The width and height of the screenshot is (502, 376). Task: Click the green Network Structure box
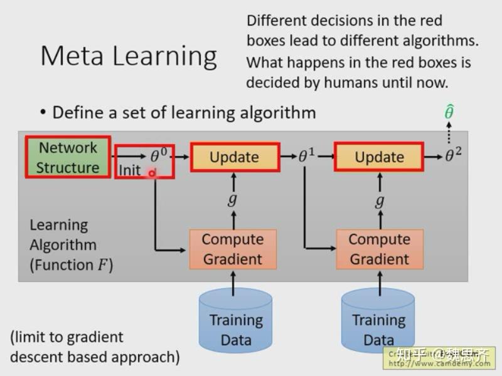(x=68, y=157)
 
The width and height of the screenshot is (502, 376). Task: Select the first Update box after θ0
(x=234, y=157)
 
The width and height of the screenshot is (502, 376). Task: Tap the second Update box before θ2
(x=379, y=157)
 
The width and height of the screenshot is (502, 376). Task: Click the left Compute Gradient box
(x=233, y=249)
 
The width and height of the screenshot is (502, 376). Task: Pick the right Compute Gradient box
(x=379, y=249)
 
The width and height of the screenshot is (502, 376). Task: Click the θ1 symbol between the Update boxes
(x=306, y=156)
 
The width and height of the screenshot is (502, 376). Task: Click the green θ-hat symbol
(x=449, y=113)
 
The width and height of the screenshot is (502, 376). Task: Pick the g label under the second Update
(x=379, y=201)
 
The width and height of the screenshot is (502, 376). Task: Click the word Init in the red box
(x=130, y=170)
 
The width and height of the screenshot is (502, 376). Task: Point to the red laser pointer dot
(x=152, y=173)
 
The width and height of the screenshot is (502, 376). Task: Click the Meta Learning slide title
(x=129, y=56)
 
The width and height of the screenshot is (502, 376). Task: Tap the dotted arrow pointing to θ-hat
(x=449, y=133)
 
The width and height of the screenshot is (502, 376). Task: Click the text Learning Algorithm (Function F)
(x=71, y=245)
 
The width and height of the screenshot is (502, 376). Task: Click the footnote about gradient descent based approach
(x=95, y=347)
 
